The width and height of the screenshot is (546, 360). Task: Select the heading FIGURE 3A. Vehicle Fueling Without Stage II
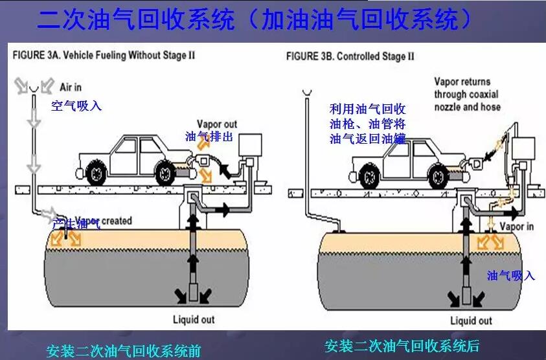[104, 55]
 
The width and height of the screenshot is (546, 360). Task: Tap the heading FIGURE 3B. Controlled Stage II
[350, 56]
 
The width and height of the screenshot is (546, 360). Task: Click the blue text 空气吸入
[76, 106]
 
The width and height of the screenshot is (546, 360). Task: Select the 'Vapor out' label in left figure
[218, 124]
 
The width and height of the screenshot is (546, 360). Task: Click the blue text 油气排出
[209, 137]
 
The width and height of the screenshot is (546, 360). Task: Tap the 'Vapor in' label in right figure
[516, 227]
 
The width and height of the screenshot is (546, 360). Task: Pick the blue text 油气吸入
[511, 275]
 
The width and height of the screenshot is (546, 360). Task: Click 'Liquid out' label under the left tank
[193, 319]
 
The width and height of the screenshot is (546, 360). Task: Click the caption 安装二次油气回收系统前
[124, 352]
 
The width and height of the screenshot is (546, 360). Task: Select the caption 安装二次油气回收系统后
[402, 346]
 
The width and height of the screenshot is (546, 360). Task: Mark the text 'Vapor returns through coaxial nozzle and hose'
[466, 94]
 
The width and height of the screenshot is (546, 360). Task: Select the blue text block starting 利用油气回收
[367, 123]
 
